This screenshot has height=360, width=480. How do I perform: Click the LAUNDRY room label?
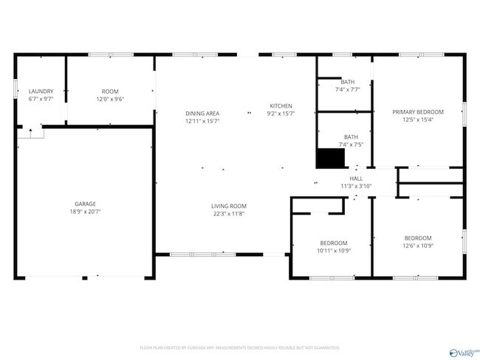click(41, 91)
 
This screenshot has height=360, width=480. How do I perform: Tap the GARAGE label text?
click(85, 204)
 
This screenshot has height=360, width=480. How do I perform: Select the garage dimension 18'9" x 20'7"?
click(85, 212)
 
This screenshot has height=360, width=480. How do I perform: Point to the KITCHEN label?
click(281, 106)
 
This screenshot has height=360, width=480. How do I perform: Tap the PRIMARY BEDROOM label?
click(418, 113)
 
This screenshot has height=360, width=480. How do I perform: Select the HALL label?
click(356, 179)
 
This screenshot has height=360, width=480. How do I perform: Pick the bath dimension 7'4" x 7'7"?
click(347, 89)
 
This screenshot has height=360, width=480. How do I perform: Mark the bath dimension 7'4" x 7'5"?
click(351, 145)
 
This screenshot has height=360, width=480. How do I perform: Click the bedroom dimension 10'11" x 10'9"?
click(334, 251)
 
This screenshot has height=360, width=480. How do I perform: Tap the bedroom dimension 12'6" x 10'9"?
click(418, 246)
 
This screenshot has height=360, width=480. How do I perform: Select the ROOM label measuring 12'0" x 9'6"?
click(109, 91)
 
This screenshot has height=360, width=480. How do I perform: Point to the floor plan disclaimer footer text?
click(239, 347)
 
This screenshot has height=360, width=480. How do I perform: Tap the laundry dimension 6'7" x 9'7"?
click(41, 99)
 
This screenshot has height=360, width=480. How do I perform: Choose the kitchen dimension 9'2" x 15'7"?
click(281, 114)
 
